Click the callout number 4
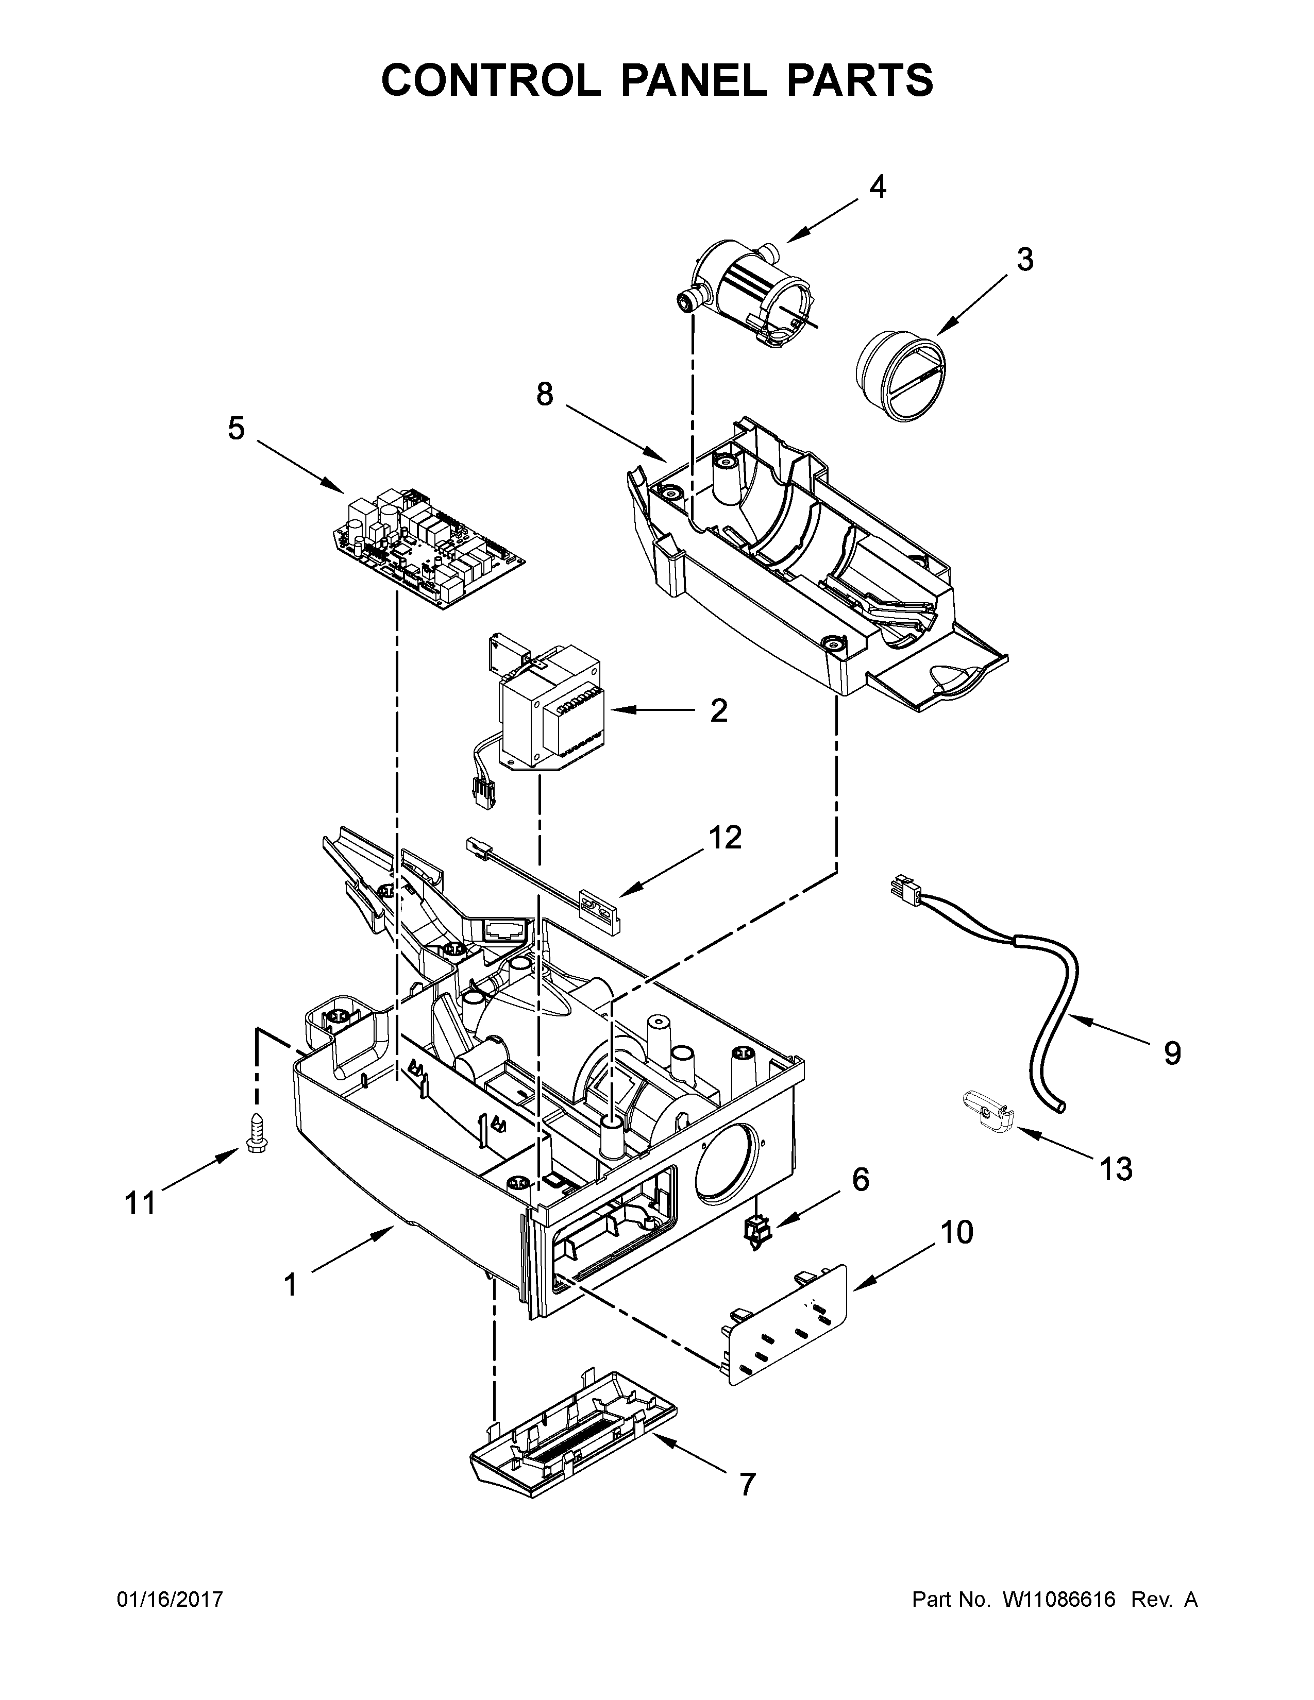878,187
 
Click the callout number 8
544,396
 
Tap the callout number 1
290,1285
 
